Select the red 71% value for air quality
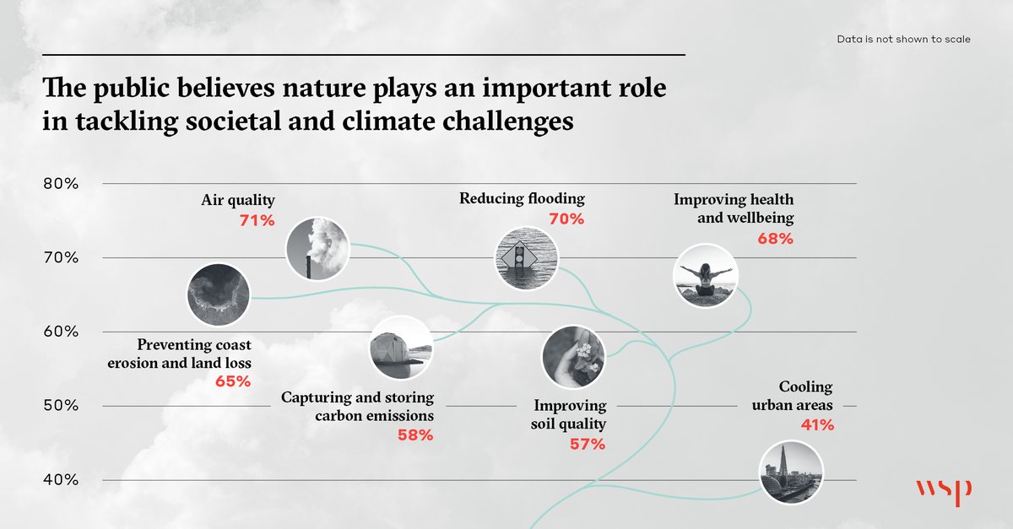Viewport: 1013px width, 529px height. [257, 220]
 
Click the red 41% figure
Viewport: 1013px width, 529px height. [817, 425]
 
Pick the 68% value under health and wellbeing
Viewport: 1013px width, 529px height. [775, 239]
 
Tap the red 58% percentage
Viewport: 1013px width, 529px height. [414, 435]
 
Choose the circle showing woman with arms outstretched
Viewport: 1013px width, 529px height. [707, 275]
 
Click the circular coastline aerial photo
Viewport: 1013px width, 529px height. [219, 295]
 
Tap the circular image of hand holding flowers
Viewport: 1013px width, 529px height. [572, 356]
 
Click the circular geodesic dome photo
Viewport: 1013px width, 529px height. [402, 348]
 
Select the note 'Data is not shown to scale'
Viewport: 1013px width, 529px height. [902, 40]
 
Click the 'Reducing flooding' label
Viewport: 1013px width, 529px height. [522, 199]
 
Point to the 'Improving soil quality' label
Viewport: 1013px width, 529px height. [570, 415]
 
